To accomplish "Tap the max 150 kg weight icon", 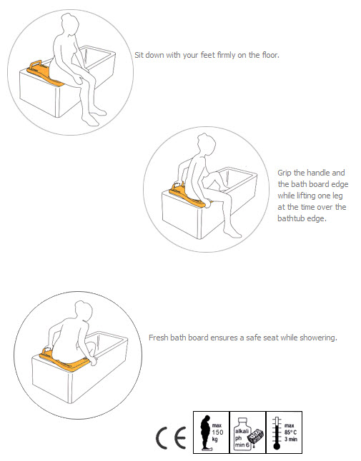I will tap(212, 431).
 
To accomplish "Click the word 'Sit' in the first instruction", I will tap(139, 54).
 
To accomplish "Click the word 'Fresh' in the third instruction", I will tap(159, 337).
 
